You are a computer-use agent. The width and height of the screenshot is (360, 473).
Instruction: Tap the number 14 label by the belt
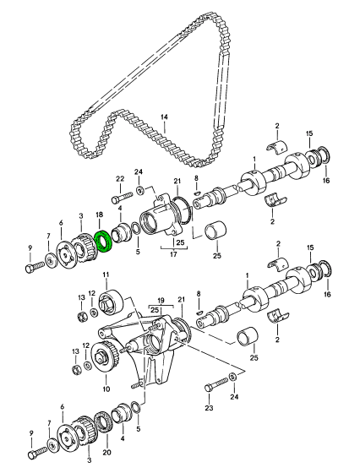[164, 117]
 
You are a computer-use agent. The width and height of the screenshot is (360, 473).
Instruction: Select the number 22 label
[120, 179]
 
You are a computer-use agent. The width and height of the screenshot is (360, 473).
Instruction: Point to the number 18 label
[100, 215]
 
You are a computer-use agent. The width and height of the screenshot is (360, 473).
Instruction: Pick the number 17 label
[173, 254]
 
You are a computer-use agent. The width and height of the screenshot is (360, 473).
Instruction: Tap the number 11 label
[106, 275]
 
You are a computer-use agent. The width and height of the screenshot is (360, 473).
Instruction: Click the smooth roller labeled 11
[111, 302]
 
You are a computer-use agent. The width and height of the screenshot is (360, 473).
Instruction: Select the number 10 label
[106, 389]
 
